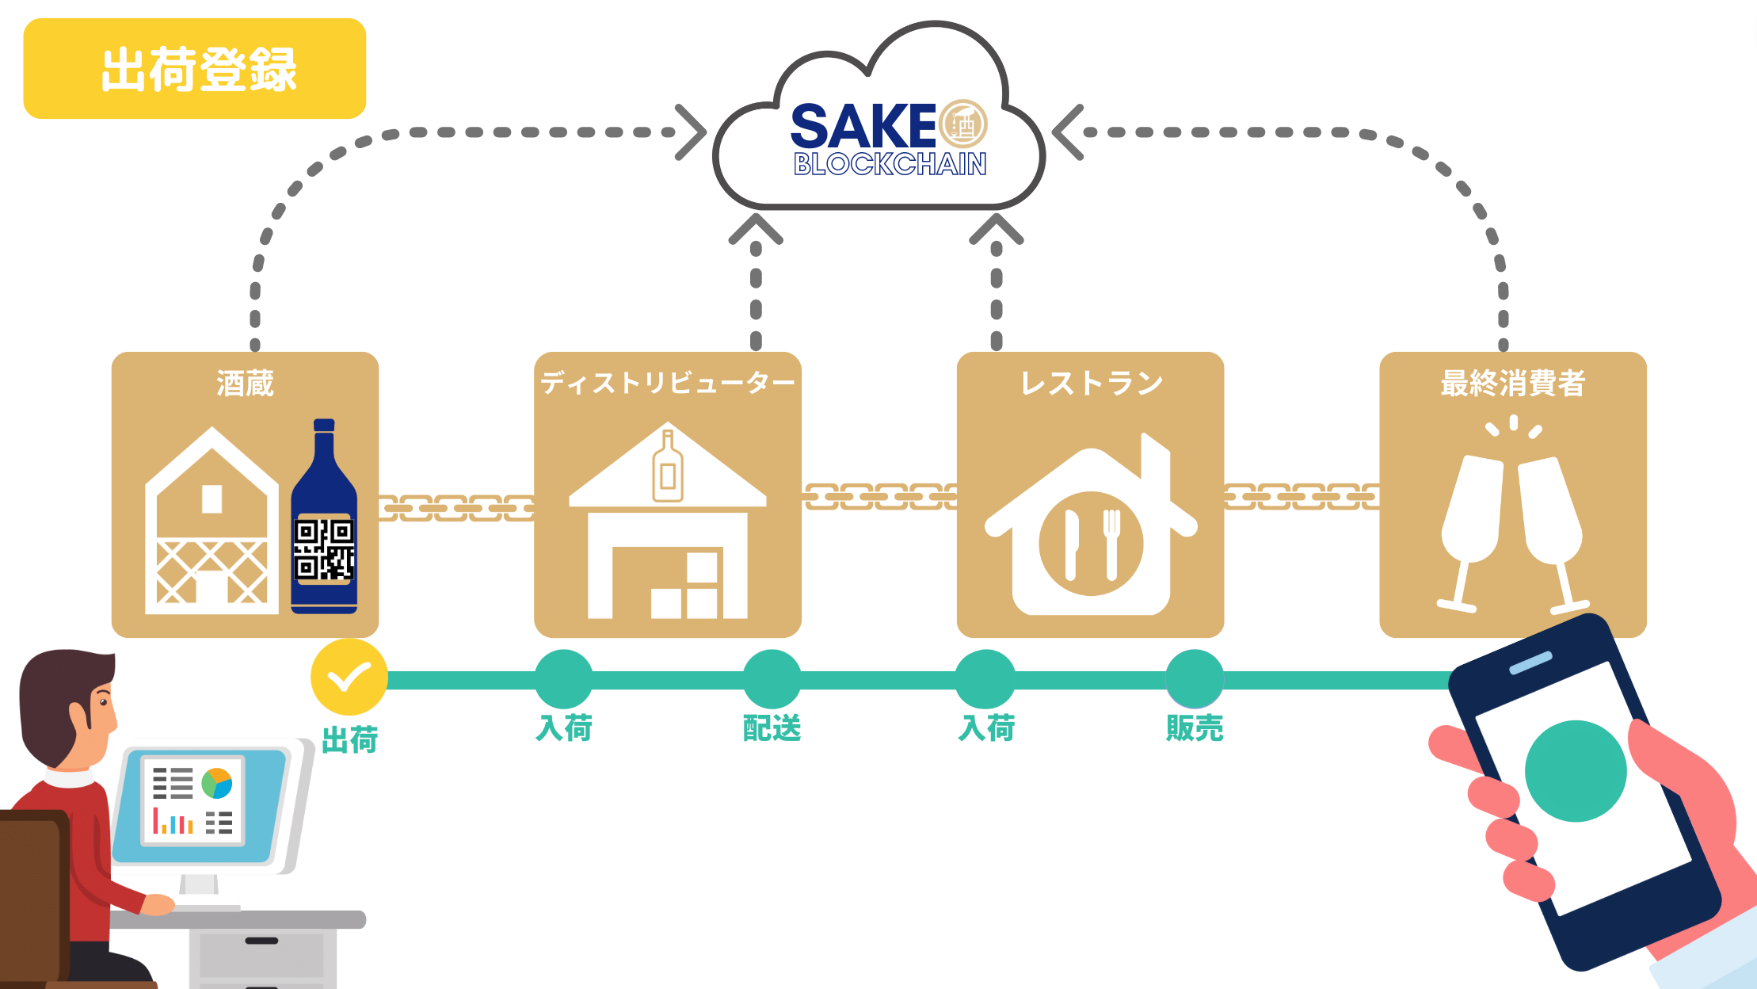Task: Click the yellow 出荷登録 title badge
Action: [x=195, y=69]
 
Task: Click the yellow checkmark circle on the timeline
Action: [x=349, y=678]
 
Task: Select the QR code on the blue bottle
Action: [x=324, y=549]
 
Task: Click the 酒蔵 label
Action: [x=245, y=384]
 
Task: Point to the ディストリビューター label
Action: [x=667, y=384]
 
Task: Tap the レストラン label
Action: [x=1091, y=384]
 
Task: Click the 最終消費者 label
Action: [x=1512, y=384]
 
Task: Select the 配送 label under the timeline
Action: [x=772, y=727]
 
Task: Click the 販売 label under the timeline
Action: [x=1195, y=727]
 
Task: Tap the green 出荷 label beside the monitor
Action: [x=349, y=740]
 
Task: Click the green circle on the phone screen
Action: [x=1575, y=771]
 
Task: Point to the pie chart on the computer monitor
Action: [x=217, y=783]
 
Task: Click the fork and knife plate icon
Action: [x=1091, y=544]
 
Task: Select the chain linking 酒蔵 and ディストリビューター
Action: [x=456, y=508]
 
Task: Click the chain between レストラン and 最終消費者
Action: [x=1302, y=497]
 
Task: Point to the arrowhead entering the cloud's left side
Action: [x=691, y=132]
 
